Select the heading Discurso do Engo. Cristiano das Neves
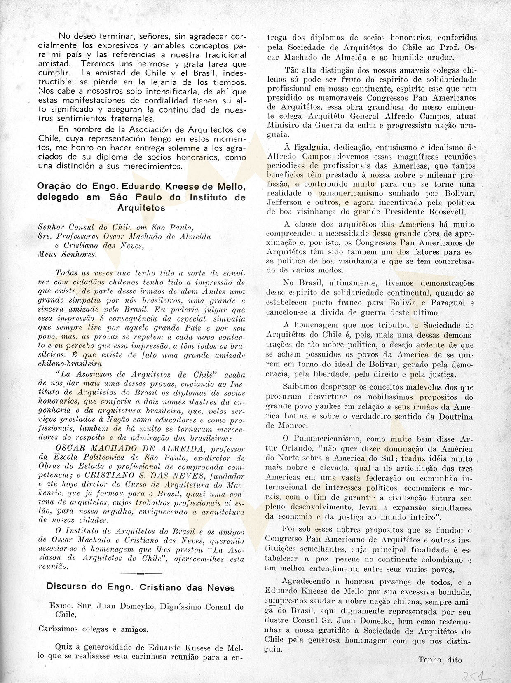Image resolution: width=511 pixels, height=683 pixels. [x=141, y=587]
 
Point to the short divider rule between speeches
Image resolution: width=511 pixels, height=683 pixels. [x=140, y=573]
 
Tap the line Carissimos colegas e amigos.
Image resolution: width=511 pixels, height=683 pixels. [x=93, y=629]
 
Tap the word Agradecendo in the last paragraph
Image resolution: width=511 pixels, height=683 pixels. [x=306, y=581]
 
